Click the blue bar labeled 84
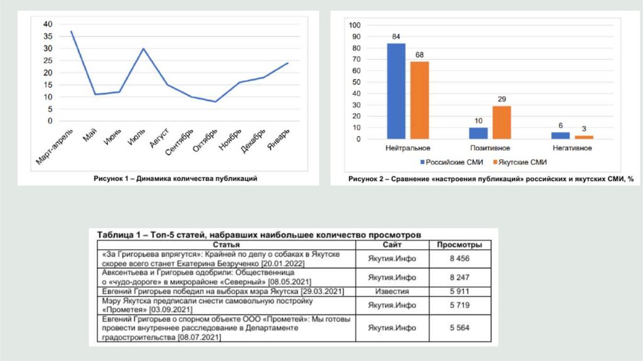[x=396, y=91]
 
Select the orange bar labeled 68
[x=420, y=100]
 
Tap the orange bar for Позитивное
[x=501, y=122]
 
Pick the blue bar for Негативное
[x=560, y=135]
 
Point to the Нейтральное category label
[x=408, y=148]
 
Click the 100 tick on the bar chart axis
[x=355, y=25]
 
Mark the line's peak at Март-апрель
[x=72, y=31]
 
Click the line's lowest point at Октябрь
[x=215, y=102]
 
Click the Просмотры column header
[x=460, y=244]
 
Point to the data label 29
[x=501, y=99]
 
